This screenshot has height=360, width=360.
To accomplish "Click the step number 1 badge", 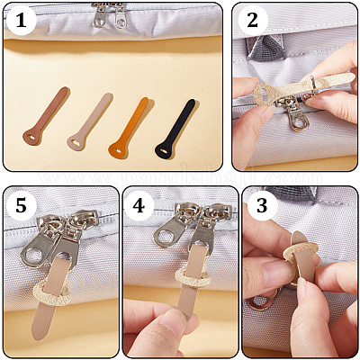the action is point(21,20).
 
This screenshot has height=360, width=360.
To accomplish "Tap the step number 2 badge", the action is point(252,20).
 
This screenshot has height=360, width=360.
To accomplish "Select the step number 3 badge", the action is point(262,206).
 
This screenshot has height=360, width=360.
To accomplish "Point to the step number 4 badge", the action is point(139,206).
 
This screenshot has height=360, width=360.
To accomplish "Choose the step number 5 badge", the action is point(21,206).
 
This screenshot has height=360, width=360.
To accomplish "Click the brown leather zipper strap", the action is point(46,116).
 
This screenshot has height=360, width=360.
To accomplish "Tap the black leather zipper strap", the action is point(175,129).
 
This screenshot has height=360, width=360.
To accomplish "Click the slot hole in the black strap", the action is point(163,150).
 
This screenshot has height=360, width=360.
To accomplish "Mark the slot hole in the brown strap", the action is point(31,138).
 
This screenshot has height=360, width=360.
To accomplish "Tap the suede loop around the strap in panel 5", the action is point(51,295).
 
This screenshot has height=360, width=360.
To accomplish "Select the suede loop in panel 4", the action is point(193,278).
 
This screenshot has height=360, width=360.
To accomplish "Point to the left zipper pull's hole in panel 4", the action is point(166,236).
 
